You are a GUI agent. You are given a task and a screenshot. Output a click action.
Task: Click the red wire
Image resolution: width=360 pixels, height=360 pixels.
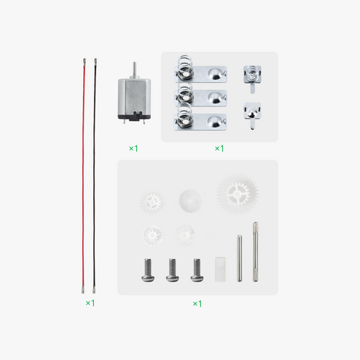pyautogui.click(x=85, y=172)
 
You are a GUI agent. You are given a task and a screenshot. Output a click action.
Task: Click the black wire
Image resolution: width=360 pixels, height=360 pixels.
pyautogui.click(x=95, y=172)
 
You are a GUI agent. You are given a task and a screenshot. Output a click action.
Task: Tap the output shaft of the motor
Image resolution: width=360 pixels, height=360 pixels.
pyautogui.click(x=134, y=69)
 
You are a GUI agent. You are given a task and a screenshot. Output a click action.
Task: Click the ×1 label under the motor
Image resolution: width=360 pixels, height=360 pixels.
pyautogui.click(x=134, y=147)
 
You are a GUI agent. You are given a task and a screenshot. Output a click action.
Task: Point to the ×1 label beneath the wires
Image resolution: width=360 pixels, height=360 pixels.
pyautogui.click(x=90, y=302)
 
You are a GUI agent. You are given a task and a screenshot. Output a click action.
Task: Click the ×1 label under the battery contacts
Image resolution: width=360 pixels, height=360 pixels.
pyautogui.click(x=219, y=147)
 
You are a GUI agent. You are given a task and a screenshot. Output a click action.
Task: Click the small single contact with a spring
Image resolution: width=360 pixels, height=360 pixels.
pyautogui.click(x=252, y=74)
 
